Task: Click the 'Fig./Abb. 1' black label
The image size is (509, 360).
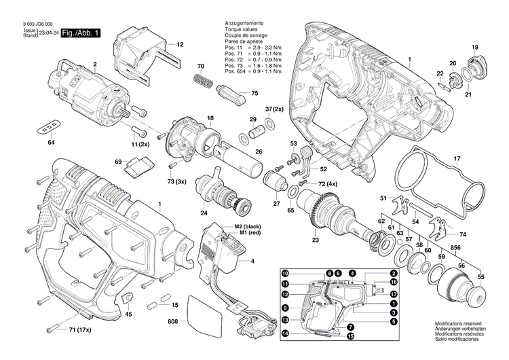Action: (81, 33)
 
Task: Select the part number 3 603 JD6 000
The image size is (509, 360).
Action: (38, 24)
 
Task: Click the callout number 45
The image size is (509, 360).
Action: (129, 314)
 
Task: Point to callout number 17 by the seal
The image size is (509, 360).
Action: (457, 161)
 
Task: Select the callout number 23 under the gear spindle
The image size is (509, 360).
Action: (315, 239)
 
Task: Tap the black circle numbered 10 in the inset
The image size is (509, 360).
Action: (286, 272)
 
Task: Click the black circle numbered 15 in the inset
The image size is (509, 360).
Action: (351, 336)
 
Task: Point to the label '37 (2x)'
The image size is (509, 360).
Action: (274, 109)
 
